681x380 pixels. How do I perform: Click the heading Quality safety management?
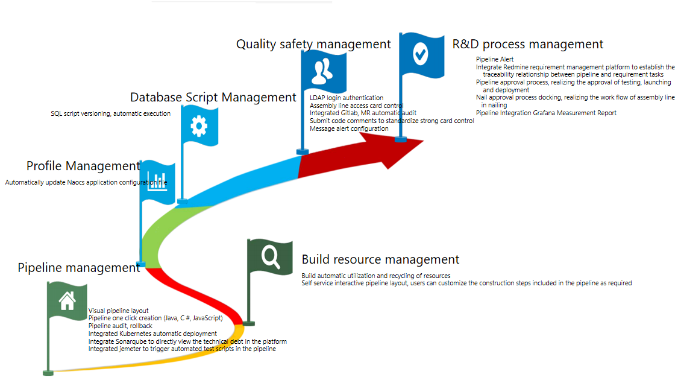313,44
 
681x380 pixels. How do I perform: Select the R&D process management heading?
527,44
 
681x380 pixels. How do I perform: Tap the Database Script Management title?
213,97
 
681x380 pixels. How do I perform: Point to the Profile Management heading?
83,166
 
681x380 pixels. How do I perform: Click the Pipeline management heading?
78,268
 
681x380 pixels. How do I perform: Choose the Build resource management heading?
380,259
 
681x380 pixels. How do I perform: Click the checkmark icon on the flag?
421,54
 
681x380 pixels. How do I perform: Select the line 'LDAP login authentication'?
347,98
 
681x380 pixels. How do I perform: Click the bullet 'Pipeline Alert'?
495,59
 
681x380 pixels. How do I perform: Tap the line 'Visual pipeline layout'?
118,311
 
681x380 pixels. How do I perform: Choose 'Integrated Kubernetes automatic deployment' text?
152,334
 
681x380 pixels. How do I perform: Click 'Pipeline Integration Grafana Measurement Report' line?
546,113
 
